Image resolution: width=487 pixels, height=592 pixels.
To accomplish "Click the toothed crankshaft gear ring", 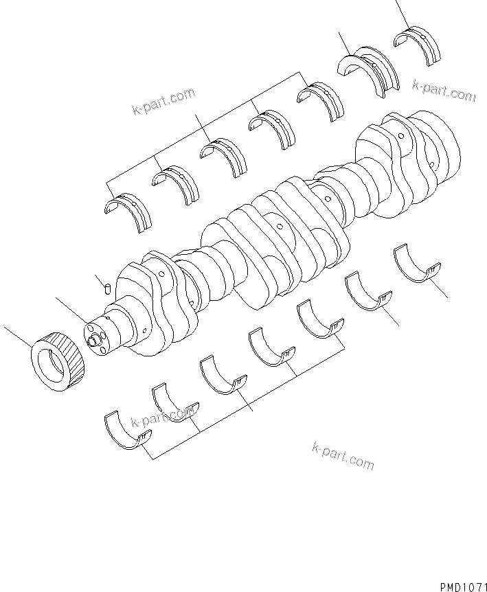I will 58,358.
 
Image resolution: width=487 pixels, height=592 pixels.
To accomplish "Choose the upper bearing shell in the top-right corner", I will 419,45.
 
